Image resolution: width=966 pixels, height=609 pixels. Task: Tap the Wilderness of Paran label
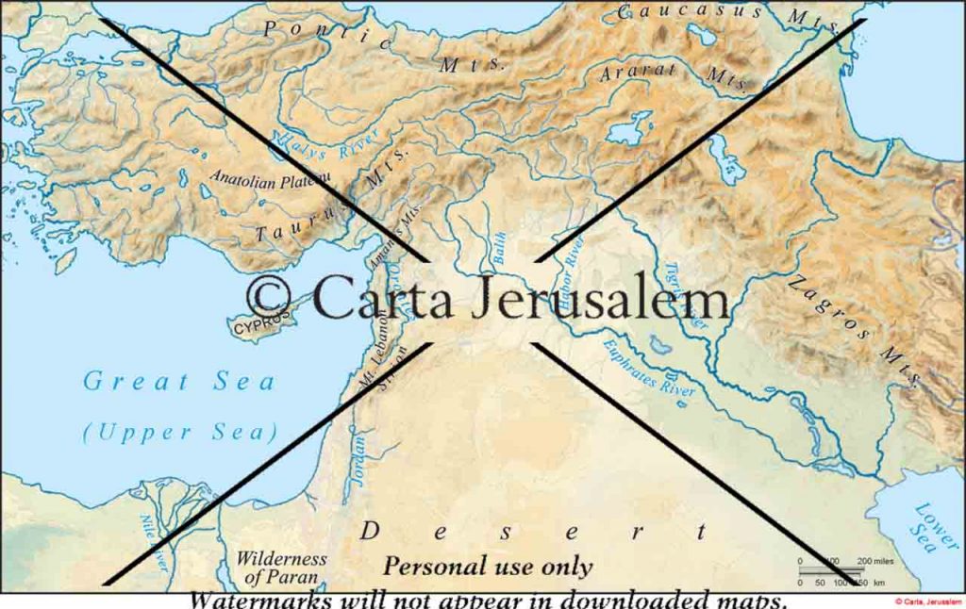click(x=281, y=567)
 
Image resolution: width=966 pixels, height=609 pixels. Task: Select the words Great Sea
click(x=179, y=381)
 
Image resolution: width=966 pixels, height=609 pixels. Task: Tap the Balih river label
click(x=500, y=247)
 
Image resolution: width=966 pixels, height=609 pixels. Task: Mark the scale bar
click(x=830, y=570)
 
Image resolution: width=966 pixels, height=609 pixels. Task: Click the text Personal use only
click(x=487, y=567)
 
